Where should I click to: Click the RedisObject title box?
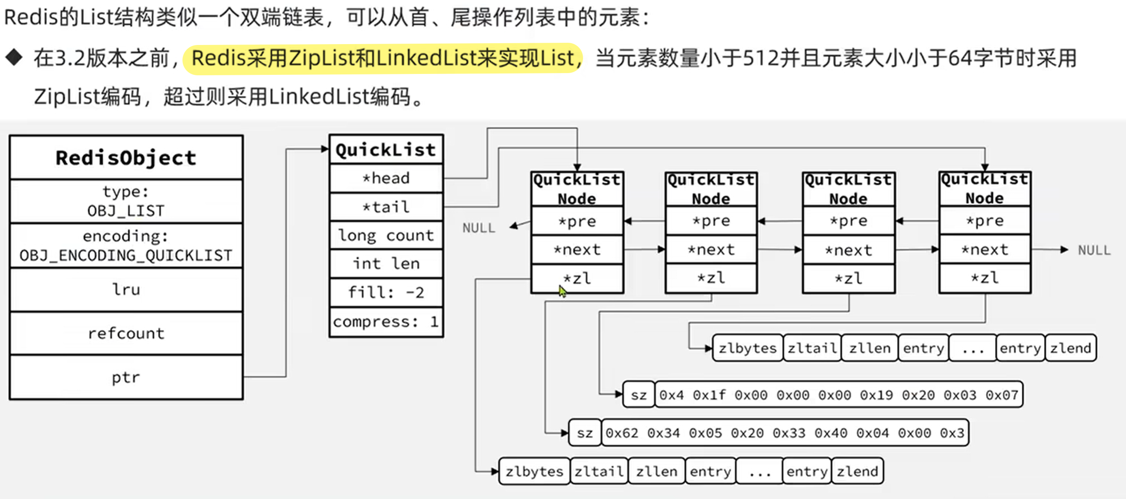coord(126,158)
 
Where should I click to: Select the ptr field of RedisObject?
coord(126,377)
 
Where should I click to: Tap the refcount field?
coord(126,333)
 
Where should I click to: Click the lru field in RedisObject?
coord(126,290)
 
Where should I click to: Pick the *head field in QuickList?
coord(386,178)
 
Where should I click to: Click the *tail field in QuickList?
coord(386,207)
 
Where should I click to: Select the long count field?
coord(386,235)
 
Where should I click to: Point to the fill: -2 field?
coord(386,292)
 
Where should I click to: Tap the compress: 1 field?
coord(386,322)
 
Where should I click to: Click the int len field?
coord(386,264)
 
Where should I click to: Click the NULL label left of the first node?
coord(478,228)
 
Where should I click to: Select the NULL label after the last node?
coord(1094,250)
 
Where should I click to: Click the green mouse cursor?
coord(563,292)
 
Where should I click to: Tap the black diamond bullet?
coord(14,57)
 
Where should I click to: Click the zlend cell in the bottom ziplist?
coord(857,471)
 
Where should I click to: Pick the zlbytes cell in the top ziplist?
coord(747,348)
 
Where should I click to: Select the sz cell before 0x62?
coord(585,433)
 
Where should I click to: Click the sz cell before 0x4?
coord(639,395)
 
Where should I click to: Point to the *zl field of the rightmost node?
coord(984,278)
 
